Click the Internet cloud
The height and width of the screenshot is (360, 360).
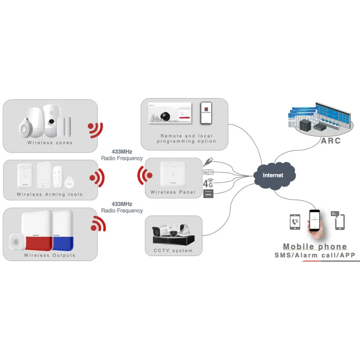[273, 175]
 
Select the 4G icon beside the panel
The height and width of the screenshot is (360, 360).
[208, 183]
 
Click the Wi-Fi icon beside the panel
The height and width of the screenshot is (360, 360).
[208, 172]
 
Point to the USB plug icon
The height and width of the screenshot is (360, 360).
[208, 161]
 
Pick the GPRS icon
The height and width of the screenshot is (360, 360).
[208, 193]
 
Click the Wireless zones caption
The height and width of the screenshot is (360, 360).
[50, 143]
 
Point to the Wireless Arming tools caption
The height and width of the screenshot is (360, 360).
[50, 194]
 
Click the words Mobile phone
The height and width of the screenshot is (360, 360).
[315, 247]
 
